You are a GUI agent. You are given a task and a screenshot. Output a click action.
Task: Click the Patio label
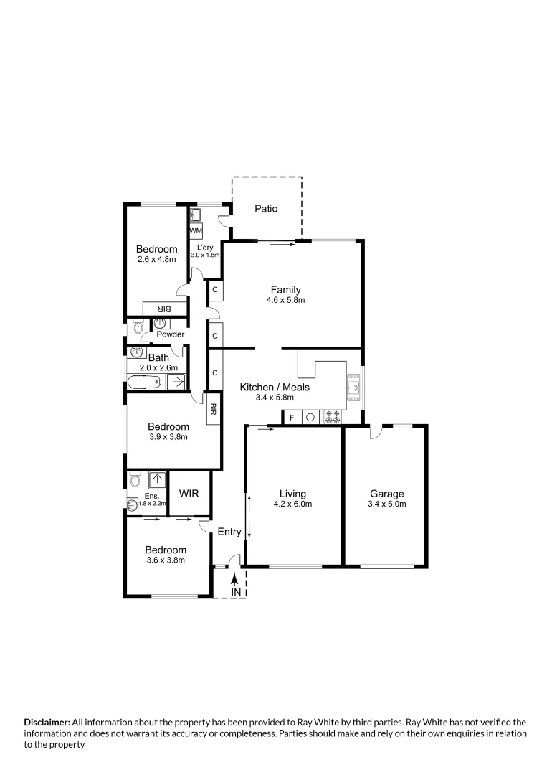(x=266, y=209)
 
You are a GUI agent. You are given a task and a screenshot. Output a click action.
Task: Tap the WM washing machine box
(x=196, y=231)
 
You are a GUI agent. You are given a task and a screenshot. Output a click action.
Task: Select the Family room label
(x=285, y=290)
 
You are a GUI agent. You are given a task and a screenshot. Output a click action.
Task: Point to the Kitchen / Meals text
(x=275, y=387)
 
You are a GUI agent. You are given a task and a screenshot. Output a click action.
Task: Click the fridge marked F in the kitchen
(x=291, y=416)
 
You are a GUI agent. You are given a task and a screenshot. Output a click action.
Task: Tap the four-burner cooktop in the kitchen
(x=334, y=416)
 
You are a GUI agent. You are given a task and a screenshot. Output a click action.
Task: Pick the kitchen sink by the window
(x=353, y=388)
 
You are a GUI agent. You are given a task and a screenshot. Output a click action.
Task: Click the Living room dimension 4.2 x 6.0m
(x=292, y=504)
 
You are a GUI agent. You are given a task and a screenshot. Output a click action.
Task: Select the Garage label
(x=386, y=494)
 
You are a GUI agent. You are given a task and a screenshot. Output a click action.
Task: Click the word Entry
(x=229, y=532)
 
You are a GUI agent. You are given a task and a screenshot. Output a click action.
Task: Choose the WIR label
(x=189, y=494)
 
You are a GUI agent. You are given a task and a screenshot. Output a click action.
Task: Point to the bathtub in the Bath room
(x=146, y=382)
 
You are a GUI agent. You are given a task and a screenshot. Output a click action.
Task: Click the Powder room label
(x=171, y=334)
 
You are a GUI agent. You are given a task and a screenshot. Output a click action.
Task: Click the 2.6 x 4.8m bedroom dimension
(x=156, y=259)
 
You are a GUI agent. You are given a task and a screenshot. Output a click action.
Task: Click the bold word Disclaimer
(x=47, y=722)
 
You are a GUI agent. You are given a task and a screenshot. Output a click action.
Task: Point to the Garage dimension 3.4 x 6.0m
(x=386, y=504)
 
